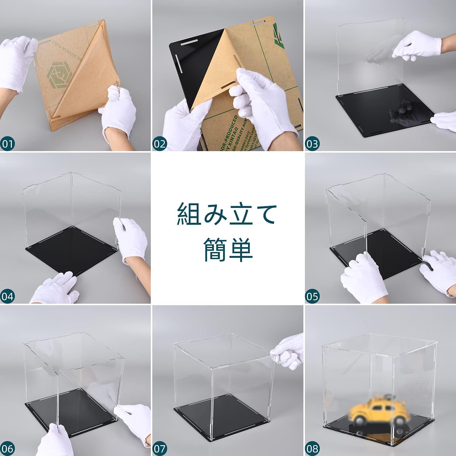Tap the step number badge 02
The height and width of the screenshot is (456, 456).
[160, 143]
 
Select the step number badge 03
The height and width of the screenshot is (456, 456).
[312, 143]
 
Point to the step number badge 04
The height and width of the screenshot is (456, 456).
[7, 296]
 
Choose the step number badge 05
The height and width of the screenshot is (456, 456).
[312, 296]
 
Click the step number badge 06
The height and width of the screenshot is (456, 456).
[7, 448]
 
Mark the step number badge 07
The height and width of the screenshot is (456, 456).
[160, 448]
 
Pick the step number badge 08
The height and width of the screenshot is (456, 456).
[312, 448]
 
